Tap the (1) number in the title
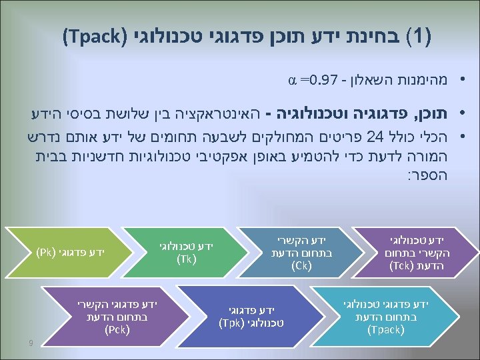[x=419, y=34]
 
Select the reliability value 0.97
[x=319, y=82]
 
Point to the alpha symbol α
[x=291, y=82]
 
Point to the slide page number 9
[x=31, y=344]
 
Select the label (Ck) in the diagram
[x=301, y=266]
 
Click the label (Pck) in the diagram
[x=117, y=329]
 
